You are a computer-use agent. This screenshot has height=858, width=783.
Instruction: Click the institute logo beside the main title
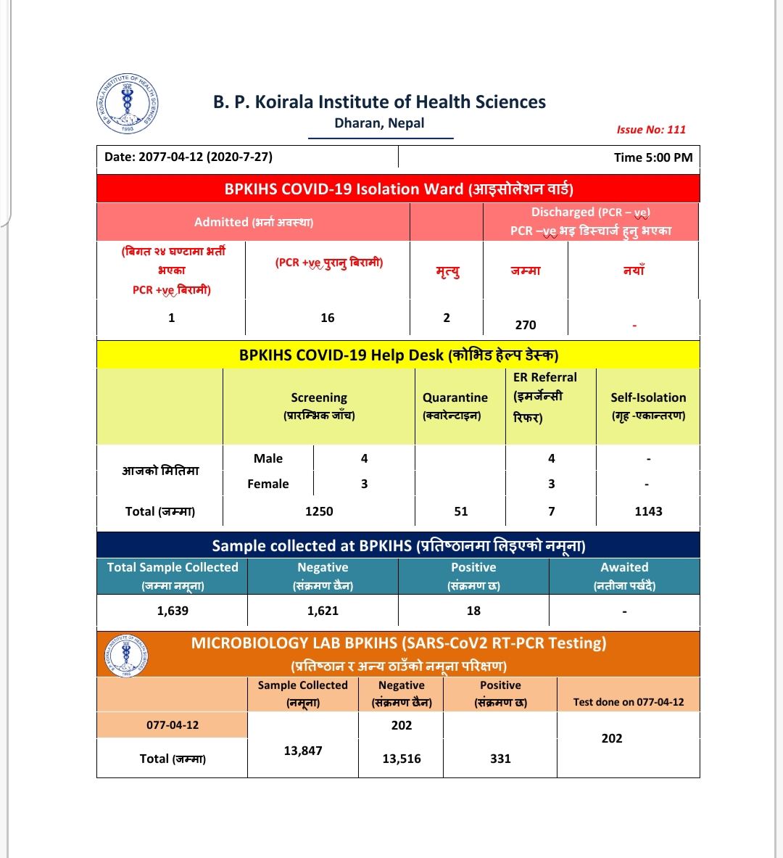point(128,104)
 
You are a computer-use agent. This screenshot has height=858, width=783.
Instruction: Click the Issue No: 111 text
point(650,130)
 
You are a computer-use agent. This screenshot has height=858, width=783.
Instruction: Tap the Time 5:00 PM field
point(652,157)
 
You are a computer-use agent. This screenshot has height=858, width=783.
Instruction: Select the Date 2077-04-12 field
point(188,157)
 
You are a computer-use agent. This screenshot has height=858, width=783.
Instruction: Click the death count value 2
point(447,318)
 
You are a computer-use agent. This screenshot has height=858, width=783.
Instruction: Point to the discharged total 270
point(526,325)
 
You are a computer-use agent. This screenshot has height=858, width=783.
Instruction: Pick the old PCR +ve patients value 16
point(328,318)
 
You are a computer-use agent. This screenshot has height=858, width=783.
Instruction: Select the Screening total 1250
point(319,511)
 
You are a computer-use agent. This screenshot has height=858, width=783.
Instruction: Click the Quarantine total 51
point(461,511)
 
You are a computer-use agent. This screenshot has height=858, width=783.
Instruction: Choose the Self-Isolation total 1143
point(648,511)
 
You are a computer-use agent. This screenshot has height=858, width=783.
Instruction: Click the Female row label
point(268,484)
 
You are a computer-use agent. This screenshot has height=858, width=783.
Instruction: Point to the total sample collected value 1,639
point(173,611)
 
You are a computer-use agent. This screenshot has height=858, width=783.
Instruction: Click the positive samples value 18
point(473,611)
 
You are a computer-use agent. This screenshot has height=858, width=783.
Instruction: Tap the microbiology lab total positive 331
point(500,759)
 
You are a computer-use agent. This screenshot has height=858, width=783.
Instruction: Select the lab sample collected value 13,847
point(303,751)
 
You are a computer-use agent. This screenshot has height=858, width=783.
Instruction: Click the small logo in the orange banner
point(127,656)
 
